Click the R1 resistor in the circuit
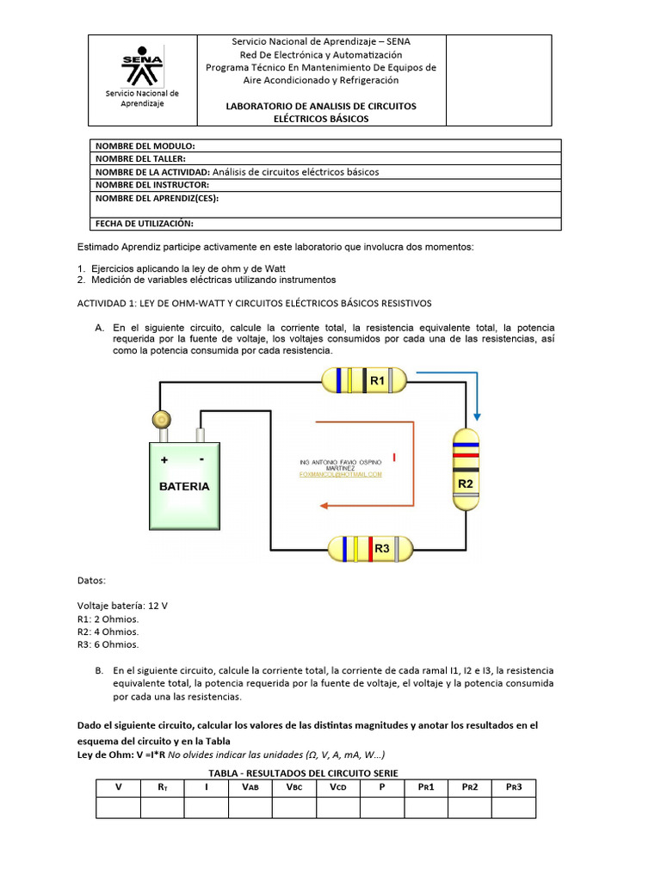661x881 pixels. [365, 379]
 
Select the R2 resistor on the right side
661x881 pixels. [466, 469]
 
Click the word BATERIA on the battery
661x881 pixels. [184, 486]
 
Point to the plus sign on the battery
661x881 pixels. [164, 460]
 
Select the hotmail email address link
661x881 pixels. [340, 474]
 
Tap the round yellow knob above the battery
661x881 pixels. [160, 419]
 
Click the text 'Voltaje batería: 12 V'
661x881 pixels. [122, 606]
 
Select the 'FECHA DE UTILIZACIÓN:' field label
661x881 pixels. [144, 223]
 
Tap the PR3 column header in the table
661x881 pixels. [513, 787]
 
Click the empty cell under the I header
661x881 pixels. [206, 808]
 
